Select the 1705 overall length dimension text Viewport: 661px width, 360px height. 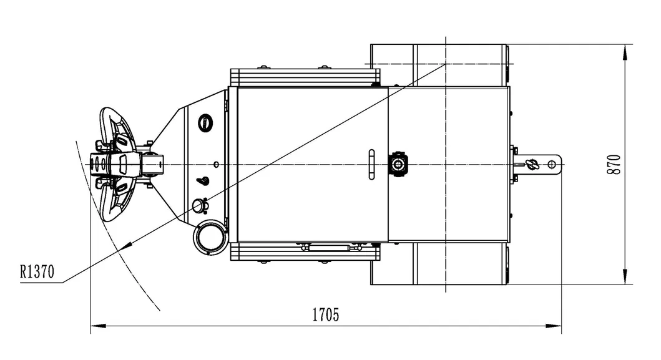325,314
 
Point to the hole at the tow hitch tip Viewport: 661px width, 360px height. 551,164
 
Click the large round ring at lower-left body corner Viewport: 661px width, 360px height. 209,238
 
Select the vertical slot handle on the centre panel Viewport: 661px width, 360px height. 372,164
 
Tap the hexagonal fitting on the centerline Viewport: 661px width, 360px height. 397,164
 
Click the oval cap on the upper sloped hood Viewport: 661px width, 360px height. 205,122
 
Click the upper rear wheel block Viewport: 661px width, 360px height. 438,65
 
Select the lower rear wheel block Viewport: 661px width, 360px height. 438,263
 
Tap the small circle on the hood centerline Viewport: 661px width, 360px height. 215,164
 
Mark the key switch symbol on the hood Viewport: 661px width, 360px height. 203,182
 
